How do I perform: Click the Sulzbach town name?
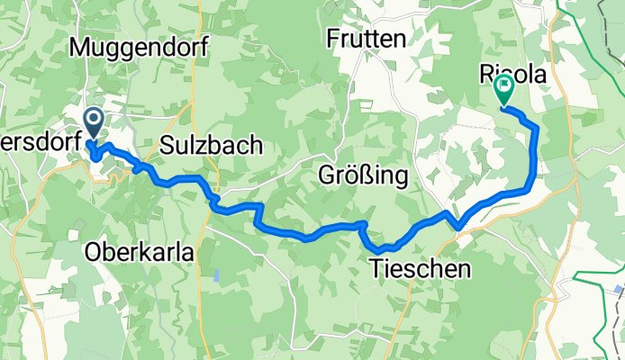[212, 144]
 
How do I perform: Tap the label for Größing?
[364, 175]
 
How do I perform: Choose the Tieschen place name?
[420, 267]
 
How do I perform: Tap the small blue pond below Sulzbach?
[216, 274]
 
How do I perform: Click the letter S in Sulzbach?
[167, 144]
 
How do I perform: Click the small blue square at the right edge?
[620, 291]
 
